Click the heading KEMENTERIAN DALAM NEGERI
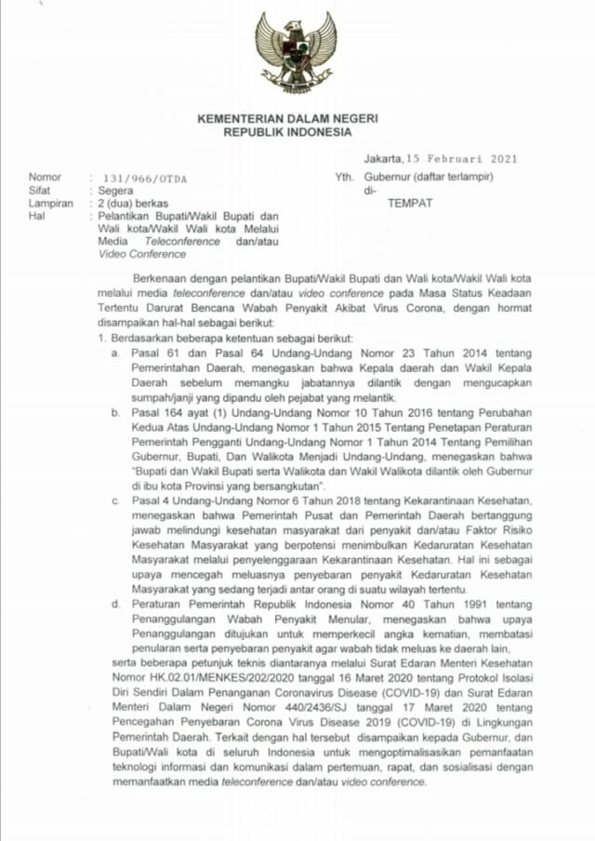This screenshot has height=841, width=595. [x=296, y=119]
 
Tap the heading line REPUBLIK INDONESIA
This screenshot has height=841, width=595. [x=296, y=133]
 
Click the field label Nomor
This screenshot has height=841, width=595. [x=46, y=177]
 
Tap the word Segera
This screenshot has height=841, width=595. [x=116, y=190]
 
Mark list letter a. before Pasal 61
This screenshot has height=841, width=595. [x=115, y=354]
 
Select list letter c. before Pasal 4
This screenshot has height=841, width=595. [x=115, y=501]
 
